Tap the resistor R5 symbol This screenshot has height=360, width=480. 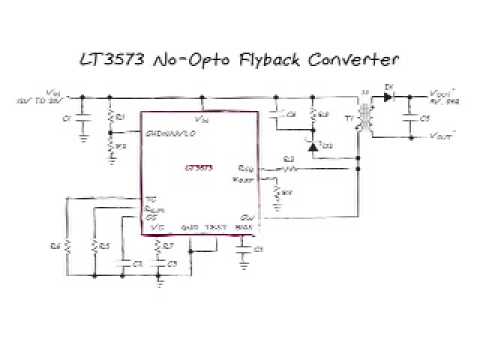[x=96, y=244]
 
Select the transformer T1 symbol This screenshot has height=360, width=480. [x=367, y=119]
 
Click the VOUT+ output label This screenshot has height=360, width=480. [x=440, y=97]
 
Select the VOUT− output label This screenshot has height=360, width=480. [x=439, y=138]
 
